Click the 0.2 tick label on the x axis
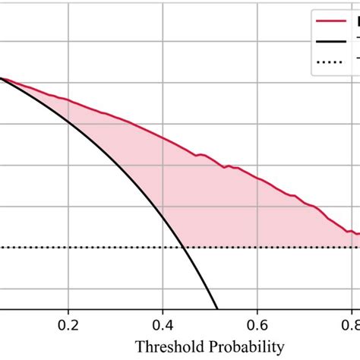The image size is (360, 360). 68,324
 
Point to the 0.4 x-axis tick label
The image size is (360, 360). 163,324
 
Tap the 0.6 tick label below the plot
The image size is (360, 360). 257,324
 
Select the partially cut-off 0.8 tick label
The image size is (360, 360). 350,324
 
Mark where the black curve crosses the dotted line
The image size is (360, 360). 185,247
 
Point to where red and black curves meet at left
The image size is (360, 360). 2,78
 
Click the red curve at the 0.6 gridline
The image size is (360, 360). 257,179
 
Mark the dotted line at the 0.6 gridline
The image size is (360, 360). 257,247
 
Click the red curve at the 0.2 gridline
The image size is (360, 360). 68,99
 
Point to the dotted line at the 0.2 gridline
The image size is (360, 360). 68,247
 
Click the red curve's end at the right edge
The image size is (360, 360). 358,235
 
